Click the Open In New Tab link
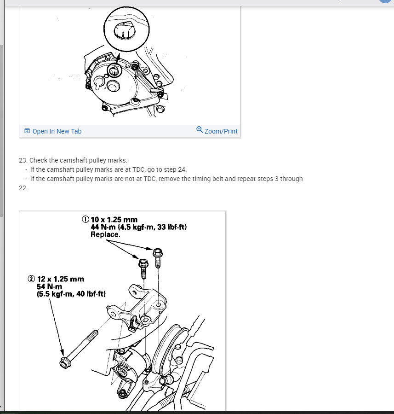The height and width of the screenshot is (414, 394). (53, 131)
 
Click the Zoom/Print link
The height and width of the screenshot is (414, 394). (217, 131)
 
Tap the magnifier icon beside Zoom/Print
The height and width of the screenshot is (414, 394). (200, 130)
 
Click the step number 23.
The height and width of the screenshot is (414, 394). (23, 160)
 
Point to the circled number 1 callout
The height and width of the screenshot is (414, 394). (86, 219)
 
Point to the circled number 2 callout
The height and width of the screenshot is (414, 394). (31, 279)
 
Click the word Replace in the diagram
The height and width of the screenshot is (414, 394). (105, 234)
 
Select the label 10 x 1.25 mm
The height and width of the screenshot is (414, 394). (114, 220)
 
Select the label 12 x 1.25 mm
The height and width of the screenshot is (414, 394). (60, 279)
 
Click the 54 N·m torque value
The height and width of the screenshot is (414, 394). (50, 286)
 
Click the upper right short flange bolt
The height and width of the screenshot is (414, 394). (158, 258)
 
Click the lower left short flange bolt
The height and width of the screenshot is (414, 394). (143, 268)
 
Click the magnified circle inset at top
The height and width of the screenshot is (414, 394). (126, 29)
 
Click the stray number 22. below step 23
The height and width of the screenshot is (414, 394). (23, 188)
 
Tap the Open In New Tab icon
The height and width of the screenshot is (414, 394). (27, 131)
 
